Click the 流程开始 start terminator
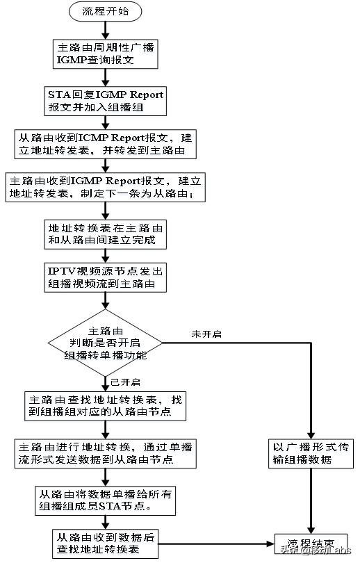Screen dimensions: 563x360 pos(105,12)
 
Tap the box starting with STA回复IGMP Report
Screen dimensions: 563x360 pos(105,101)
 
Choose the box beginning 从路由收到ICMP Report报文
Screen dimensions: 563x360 pos(105,144)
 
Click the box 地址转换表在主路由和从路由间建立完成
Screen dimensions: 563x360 pos(105,234)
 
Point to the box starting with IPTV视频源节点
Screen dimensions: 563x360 pos(105,277)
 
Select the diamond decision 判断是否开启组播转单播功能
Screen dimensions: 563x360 pos(105,342)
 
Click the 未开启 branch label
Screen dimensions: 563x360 pos(206,334)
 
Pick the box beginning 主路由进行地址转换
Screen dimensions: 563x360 pos(105,452)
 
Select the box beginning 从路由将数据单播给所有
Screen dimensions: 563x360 pos(105,498)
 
